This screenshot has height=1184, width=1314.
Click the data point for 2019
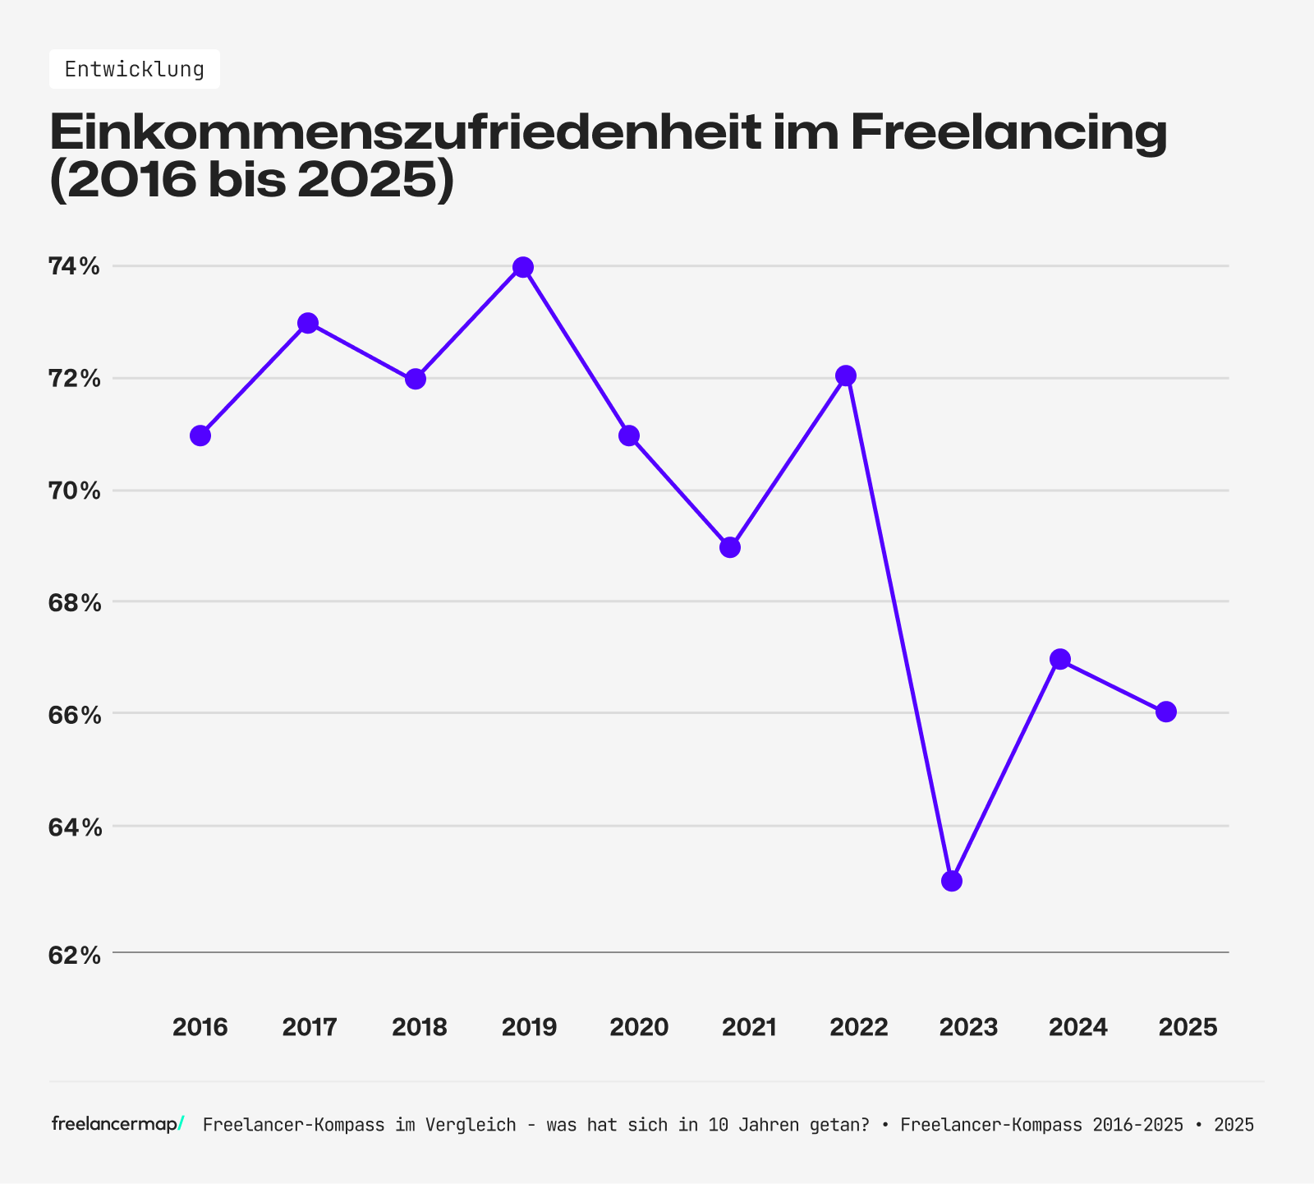(x=523, y=267)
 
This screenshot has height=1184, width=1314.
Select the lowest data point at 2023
(x=952, y=882)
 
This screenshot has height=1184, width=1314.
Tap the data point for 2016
(x=200, y=435)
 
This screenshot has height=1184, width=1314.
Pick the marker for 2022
(x=846, y=375)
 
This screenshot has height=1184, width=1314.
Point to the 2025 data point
(x=1166, y=712)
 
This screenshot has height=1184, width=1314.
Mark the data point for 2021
(x=730, y=547)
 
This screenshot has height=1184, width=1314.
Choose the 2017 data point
(x=308, y=323)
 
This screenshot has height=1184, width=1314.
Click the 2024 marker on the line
(x=1060, y=659)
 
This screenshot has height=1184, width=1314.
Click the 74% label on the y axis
(x=74, y=266)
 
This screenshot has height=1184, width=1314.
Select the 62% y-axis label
(x=74, y=956)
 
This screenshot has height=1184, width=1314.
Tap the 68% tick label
(x=74, y=603)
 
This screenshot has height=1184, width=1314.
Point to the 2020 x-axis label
(x=639, y=1027)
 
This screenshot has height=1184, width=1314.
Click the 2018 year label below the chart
(x=420, y=1027)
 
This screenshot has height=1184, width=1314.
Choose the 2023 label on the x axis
(x=968, y=1027)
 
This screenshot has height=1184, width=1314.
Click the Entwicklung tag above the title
(x=135, y=69)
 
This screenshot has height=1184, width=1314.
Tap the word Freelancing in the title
(x=1008, y=131)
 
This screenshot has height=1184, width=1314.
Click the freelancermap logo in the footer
(x=117, y=1124)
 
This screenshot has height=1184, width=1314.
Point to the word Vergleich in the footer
(x=471, y=1125)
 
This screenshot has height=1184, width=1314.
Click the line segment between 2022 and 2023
(x=898, y=629)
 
